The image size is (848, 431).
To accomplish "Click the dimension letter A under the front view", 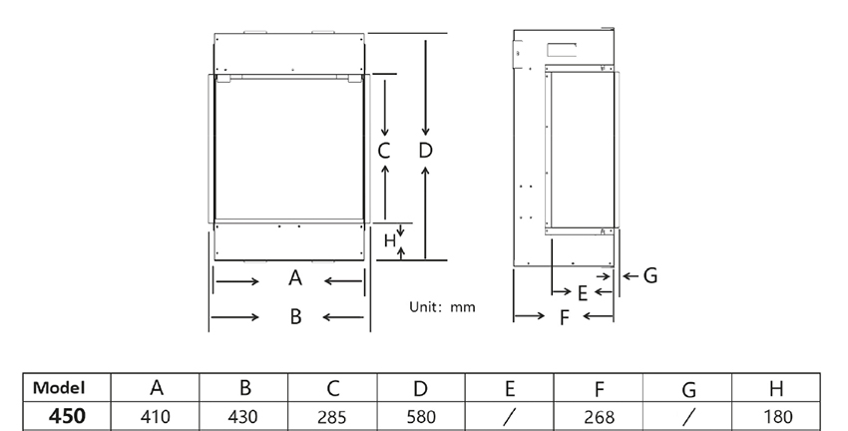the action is (x=294, y=278).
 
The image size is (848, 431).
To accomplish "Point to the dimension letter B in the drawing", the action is (x=295, y=316).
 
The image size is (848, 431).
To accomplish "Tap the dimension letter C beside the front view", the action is (x=384, y=151).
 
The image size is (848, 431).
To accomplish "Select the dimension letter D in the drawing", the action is (x=426, y=151).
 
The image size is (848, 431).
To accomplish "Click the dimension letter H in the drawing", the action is (x=389, y=240).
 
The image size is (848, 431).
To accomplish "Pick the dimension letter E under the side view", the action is (x=583, y=293).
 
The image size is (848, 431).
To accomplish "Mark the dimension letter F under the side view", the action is (x=565, y=318).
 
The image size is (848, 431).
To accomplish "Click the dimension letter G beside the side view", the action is (x=650, y=275).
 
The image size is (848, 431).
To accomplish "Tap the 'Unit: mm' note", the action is (x=442, y=307).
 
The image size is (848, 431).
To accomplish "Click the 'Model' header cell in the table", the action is (x=59, y=388).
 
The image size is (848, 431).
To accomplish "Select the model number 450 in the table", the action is (x=67, y=416).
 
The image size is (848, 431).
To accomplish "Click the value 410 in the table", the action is (x=156, y=417).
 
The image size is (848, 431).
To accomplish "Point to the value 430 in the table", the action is (x=242, y=417).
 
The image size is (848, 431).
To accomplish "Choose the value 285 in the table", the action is (x=331, y=417).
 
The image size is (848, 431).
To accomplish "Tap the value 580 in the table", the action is (x=421, y=417).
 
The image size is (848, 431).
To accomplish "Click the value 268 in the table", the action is (x=600, y=417).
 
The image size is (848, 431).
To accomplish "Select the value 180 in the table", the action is (x=777, y=417).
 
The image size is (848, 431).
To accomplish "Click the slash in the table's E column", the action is (x=509, y=416).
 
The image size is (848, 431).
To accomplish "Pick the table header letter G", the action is (x=688, y=389).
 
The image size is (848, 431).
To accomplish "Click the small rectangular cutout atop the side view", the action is (x=562, y=50).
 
